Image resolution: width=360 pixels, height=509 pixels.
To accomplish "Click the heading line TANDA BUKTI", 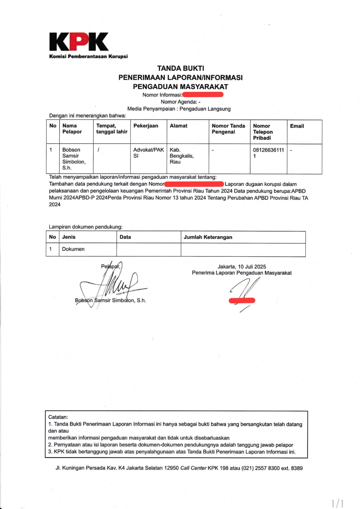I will point(180,68).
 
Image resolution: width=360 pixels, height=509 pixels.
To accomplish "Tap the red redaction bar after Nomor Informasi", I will point(203,94).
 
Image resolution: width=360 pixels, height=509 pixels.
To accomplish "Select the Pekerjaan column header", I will point(146,126).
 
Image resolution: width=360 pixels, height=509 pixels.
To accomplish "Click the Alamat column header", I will point(178,126).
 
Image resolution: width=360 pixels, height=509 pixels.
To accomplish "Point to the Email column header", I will point(297,126).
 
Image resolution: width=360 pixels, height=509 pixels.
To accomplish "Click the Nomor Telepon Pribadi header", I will point(263,132).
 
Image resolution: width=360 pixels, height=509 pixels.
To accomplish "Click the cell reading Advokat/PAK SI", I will point(149,153).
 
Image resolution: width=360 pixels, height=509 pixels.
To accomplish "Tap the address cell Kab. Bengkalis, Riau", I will point(182,156).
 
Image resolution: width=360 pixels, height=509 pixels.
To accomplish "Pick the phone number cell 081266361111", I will point(268,153).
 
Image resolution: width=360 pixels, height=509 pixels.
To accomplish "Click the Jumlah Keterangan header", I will point(208,237).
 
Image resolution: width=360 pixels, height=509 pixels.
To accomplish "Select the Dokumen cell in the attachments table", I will point(73,249).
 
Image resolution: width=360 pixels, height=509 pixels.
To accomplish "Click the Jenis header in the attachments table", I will point(69,237).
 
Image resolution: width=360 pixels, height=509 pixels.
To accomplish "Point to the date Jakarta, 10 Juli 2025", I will point(242,267).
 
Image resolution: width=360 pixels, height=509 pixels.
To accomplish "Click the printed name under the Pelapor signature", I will point(110,300).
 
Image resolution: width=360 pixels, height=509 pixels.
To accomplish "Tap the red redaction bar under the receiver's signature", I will point(242,300).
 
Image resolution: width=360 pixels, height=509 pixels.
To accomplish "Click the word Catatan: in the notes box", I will point(58,417).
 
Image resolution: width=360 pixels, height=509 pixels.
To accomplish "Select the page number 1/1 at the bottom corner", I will point(337,503).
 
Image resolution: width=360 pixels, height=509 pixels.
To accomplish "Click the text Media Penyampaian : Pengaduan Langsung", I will point(179,109).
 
